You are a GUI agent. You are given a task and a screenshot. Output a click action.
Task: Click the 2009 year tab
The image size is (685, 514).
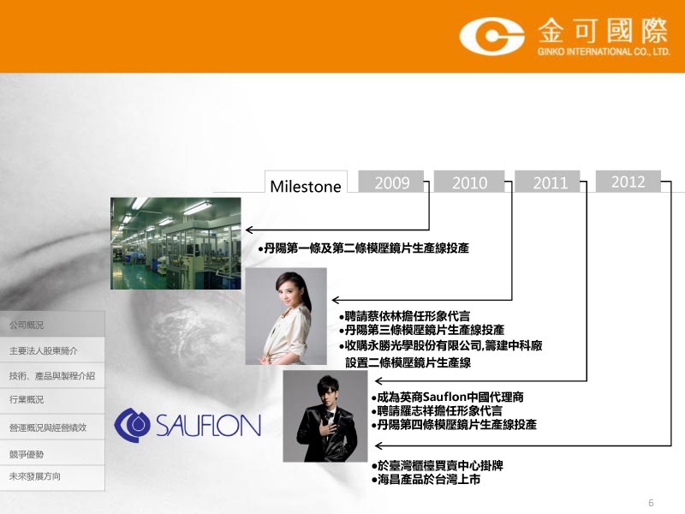coord(391,182)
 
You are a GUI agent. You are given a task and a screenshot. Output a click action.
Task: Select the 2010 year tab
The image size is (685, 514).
coord(469,182)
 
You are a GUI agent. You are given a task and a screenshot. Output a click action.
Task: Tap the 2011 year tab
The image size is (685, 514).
coord(548,182)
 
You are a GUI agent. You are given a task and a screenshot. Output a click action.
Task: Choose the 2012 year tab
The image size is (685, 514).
coord(628,181)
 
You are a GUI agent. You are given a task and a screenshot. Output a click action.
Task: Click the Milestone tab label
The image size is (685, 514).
coord(306,186)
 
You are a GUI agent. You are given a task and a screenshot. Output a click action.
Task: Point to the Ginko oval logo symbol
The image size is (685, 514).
coord(491,36)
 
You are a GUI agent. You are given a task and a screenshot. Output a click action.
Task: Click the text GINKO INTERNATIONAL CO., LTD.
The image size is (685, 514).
coord(604,51)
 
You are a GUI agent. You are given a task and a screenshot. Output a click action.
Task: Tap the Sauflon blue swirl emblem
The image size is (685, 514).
coord(132,425)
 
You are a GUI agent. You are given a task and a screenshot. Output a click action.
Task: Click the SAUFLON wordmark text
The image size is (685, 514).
coord(208,425)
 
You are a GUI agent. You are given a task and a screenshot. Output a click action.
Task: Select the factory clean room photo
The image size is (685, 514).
coord(176,243)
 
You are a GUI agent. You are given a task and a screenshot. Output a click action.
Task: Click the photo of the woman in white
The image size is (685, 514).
coord(286,316)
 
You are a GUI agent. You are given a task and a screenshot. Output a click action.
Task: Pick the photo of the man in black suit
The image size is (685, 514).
coord(325,416)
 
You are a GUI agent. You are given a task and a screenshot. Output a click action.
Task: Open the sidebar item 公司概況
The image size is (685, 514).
coord(27,325)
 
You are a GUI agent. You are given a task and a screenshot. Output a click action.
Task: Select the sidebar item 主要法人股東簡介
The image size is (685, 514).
coord(44,350)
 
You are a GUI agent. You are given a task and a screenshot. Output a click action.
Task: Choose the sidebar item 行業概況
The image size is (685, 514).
coord(27,399)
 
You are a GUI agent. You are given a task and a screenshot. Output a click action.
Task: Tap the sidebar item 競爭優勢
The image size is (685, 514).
coord(27,454)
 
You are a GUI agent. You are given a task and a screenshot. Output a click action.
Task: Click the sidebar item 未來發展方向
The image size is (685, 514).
coord(35,476)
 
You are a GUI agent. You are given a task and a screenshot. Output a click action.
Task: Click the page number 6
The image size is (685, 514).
coord(651,503)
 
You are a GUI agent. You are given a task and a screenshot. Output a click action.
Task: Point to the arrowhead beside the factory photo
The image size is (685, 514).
coord(249,230)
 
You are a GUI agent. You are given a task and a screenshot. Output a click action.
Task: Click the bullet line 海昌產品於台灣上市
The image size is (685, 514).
coord(426,480)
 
